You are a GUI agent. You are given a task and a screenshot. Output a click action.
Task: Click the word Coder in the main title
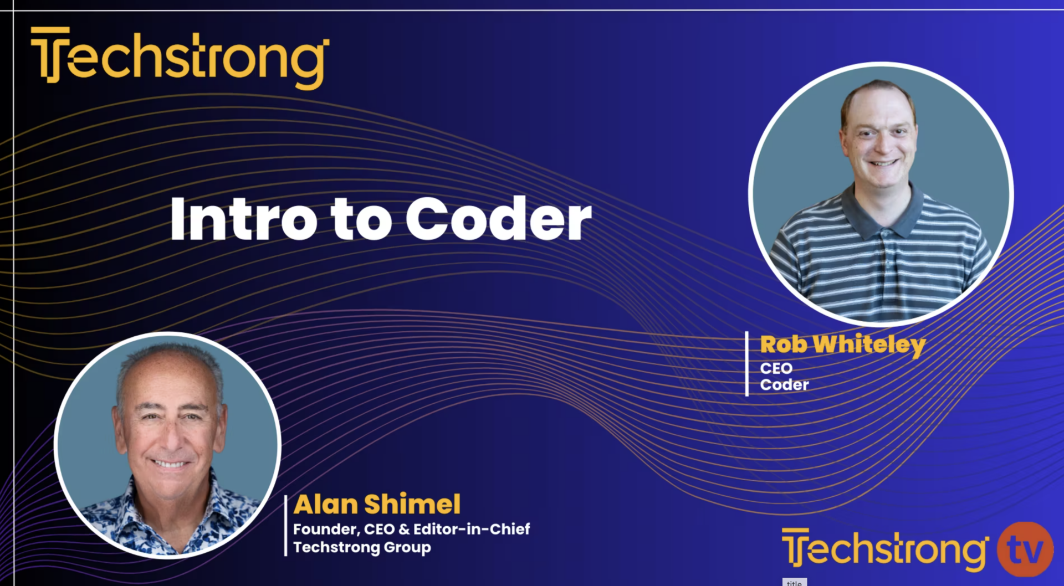pos(499,219)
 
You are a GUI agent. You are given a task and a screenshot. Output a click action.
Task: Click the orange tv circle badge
pos(1025,549)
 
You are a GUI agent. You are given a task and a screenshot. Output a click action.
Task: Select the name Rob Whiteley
pos(842,345)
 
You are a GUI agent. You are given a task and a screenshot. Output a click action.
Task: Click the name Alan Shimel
pos(377,505)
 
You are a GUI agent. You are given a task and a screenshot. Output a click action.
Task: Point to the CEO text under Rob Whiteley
pos(776,368)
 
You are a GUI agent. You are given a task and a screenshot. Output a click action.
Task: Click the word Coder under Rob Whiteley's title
pos(784,384)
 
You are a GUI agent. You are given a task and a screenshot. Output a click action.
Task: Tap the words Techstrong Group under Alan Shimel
pos(362,547)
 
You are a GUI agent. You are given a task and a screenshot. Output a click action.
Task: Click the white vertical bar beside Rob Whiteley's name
pos(746,364)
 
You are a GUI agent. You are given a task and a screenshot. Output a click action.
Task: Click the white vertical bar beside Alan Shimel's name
pos(285,525)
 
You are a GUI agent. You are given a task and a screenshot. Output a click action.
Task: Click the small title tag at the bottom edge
pos(794,582)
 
